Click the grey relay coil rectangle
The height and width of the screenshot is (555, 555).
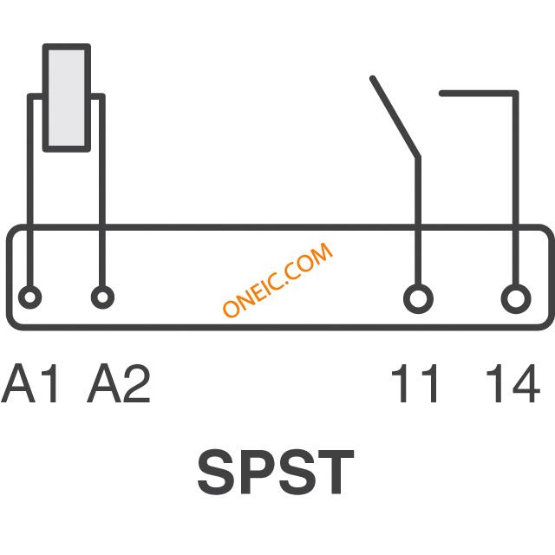click(67, 98)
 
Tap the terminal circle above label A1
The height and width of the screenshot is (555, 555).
click(29, 297)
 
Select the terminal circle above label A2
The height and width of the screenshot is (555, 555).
click(102, 297)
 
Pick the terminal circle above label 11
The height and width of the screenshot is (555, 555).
click(418, 298)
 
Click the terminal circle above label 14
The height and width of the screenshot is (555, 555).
click(516, 298)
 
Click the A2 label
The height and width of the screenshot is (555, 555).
click(119, 383)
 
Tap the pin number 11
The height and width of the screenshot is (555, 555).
click(415, 383)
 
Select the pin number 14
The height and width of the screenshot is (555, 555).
click(513, 383)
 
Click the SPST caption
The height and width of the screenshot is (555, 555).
click(276, 473)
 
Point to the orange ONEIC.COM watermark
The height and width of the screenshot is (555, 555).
click(277, 279)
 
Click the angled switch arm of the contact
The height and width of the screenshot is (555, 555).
click(395, 116)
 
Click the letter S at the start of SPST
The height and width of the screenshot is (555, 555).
click(217, 473)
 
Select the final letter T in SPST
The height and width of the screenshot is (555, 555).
click(334, 473)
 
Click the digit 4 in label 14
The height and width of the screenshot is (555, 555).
click(524, 383)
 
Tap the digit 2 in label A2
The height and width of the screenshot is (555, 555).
click(137, 383)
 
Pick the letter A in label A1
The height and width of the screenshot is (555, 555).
click(17, 383)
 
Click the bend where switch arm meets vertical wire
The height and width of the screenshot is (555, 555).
click(418, 156)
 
